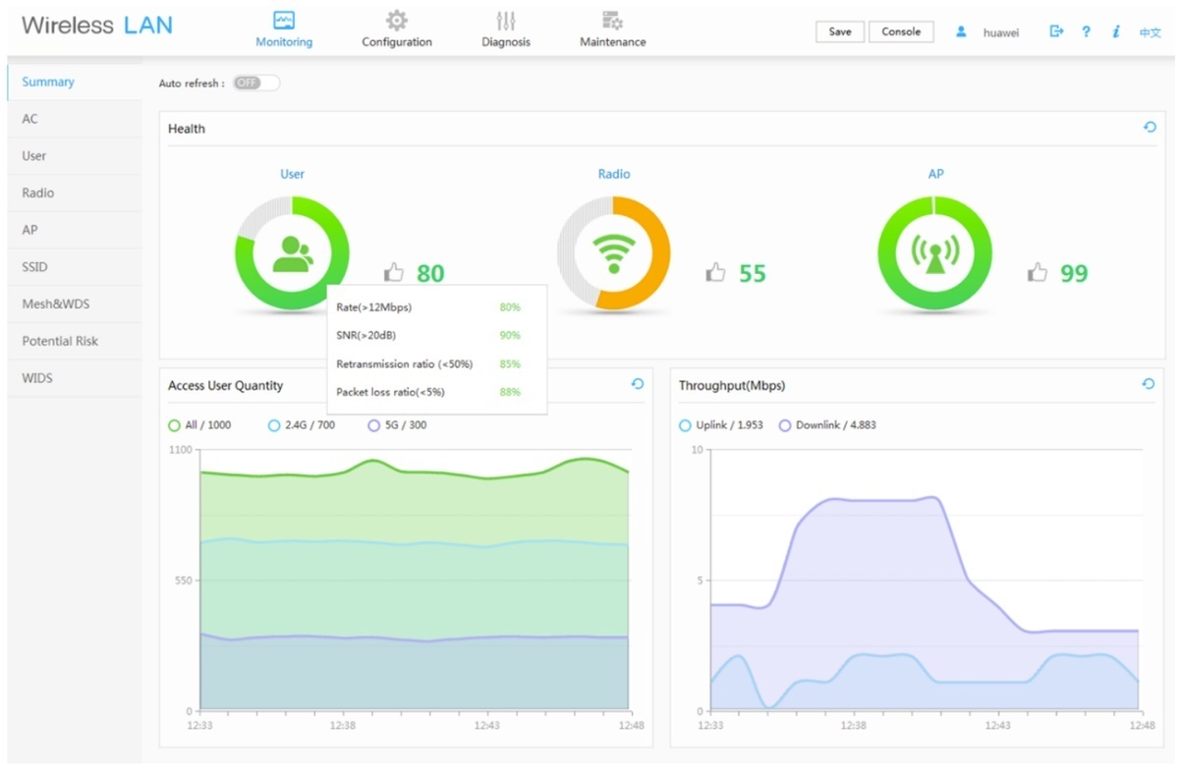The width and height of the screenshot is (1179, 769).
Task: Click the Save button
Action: [839, 31]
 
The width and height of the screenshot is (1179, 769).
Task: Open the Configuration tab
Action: [396, 29]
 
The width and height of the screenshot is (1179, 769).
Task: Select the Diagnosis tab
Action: [506, 29]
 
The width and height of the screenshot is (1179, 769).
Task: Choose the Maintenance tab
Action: [613, 29]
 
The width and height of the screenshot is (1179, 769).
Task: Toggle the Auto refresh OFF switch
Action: [256, 82]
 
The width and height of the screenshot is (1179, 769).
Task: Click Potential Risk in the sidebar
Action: [60, 341]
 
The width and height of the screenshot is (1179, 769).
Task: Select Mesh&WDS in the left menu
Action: [56, 303]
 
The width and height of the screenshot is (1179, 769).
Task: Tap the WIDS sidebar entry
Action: [37, 378]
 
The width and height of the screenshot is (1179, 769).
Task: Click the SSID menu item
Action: [34, 267]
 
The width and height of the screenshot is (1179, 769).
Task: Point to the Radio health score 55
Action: [753, 273]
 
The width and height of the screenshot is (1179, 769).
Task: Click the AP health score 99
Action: [1074, 273]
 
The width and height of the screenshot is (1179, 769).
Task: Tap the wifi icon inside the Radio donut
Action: [614, 253]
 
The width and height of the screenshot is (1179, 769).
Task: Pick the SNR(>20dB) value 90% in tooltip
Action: [510, 335]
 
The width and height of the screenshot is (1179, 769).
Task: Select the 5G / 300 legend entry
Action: [397, 425]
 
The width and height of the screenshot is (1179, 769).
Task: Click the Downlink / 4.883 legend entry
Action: [827, 425]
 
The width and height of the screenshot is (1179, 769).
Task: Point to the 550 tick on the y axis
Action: [183, 580]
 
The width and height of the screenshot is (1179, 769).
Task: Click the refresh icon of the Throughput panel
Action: [1149, 384]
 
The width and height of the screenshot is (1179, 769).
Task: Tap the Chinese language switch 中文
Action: [1151, 32]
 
